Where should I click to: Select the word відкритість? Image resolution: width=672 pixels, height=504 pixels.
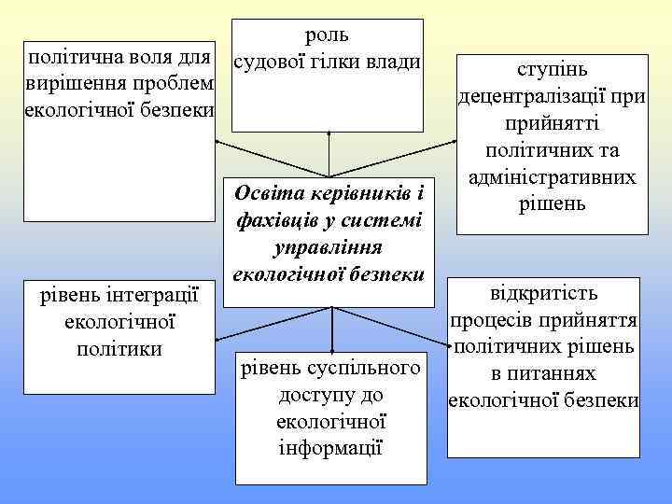(544, 292)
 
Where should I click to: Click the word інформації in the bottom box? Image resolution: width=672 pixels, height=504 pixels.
(331, 447)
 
